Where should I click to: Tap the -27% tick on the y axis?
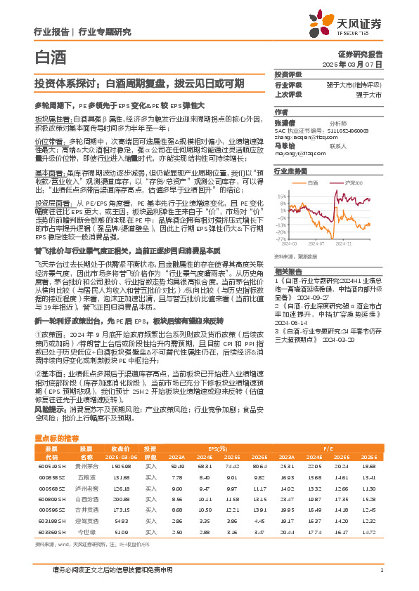pyautogui.click(x=281, y=238)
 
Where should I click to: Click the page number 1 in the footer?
pyautogui.click(x=381, y=570)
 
